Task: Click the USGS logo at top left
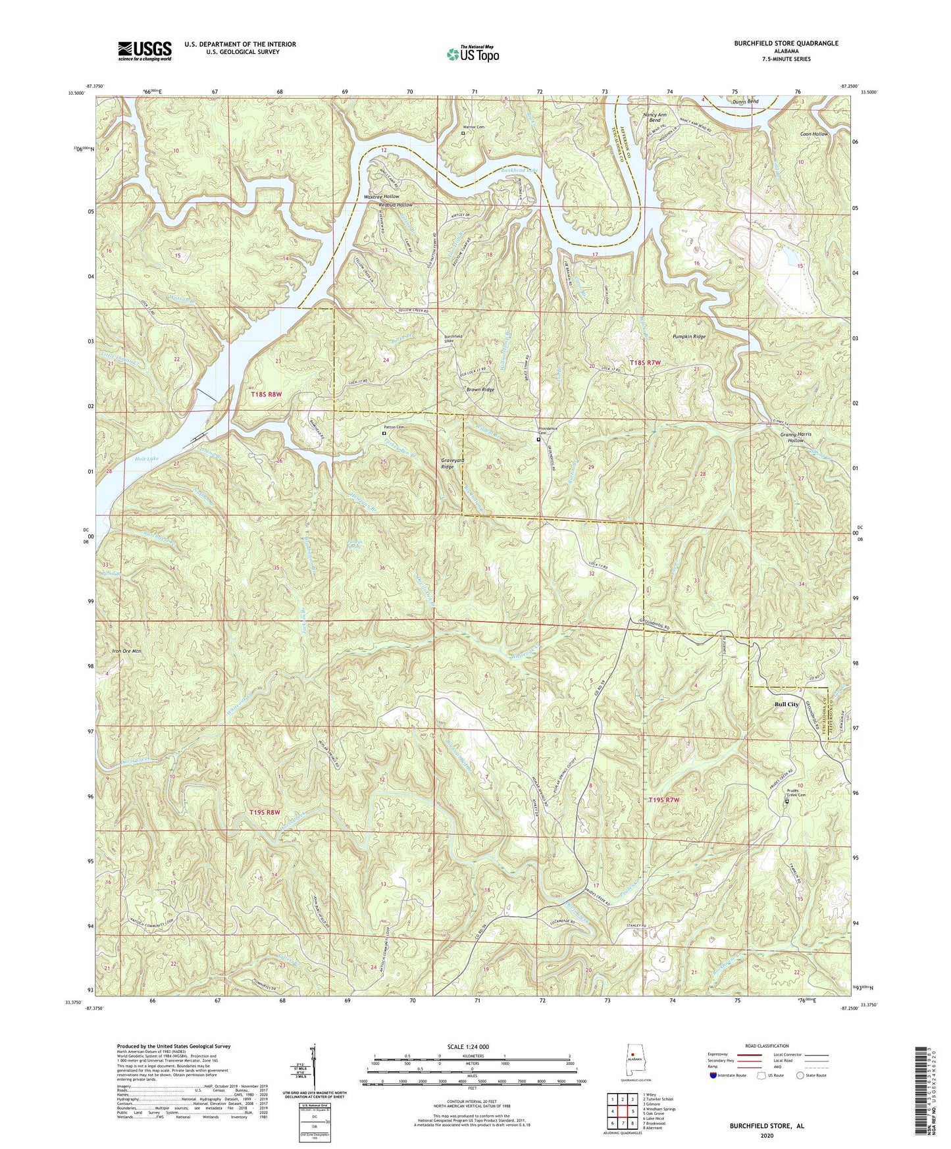[144, 51]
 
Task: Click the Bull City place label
[786, 704]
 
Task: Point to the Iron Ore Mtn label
[123, 651]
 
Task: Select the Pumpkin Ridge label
[689, 336]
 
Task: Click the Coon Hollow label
[813, 134]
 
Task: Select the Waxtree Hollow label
[382, 197]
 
